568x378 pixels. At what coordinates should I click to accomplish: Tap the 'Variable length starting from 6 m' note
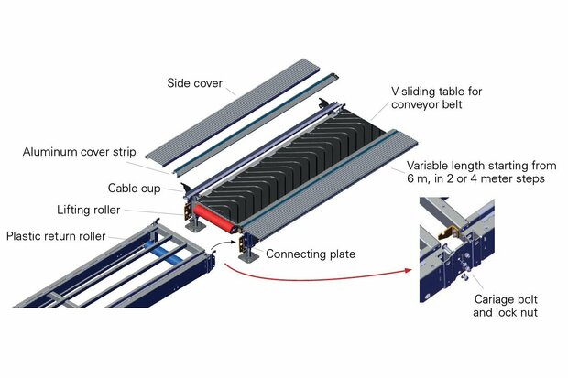(x=480, y=172)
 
